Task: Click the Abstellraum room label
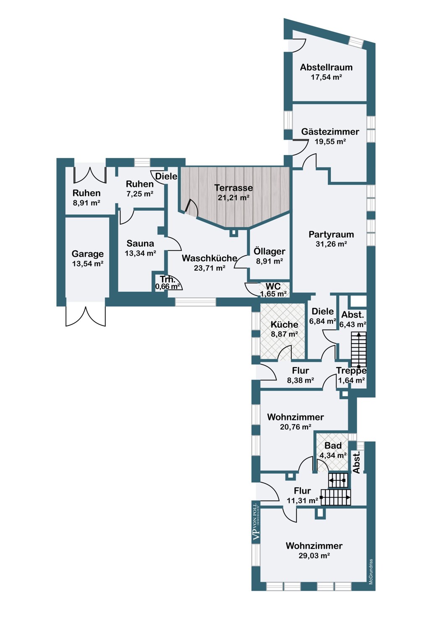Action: click(326, 67)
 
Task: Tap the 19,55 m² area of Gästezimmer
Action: click(330, 142)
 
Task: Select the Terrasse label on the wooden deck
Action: click(233, 188)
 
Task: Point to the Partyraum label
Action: click(331, 234)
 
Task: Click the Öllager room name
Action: click(270, 251)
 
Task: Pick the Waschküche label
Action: click(209, 258)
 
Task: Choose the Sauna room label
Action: click(140, 244)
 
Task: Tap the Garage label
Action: click(87, 254)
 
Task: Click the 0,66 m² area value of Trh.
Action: click(168, 287)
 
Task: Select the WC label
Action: click(273, 286)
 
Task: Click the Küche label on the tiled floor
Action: click(284, 324)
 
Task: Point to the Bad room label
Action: click(333, 446)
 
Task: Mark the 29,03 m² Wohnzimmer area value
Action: click(314, 556)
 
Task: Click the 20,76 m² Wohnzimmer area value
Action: click(296, 427)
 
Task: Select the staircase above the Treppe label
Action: click(359, 349)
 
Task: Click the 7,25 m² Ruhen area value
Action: click(140, 194)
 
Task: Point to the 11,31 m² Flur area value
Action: click(302, 501)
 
